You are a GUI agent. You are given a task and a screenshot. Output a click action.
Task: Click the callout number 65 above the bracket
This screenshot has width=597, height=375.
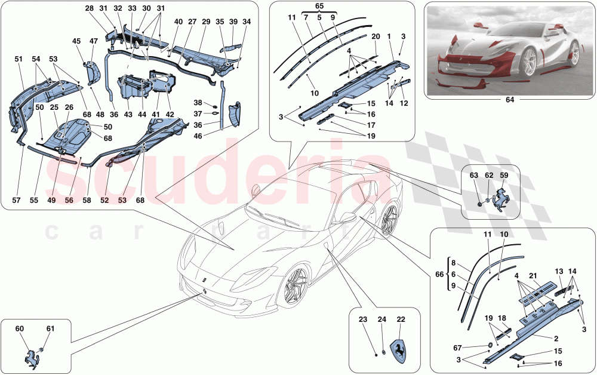319,7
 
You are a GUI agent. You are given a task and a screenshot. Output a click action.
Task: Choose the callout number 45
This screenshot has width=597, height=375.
76,41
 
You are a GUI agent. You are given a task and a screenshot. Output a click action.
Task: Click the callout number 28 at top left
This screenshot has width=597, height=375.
89,8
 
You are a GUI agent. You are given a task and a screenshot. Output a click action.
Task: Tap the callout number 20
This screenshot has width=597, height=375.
376,36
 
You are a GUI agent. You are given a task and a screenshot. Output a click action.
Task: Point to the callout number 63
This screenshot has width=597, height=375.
473,176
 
